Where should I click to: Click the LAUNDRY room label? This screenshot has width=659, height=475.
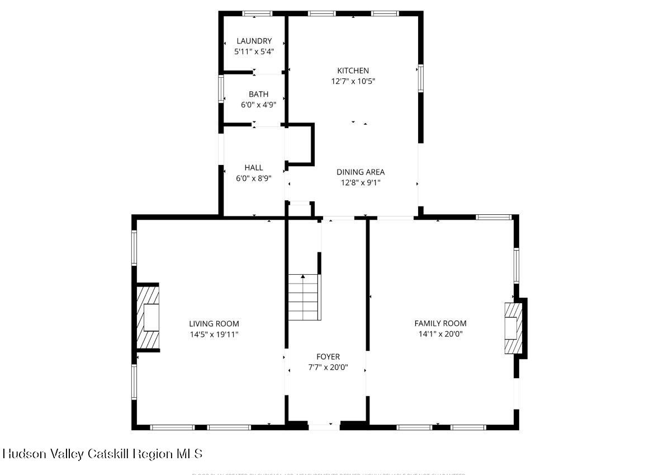click(254, 41)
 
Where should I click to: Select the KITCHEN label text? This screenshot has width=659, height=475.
click(353, 70)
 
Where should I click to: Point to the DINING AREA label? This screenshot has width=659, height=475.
click(360, 172)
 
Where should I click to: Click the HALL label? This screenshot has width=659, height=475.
click(253, 167)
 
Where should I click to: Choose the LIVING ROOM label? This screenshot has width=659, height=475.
click(214, 323)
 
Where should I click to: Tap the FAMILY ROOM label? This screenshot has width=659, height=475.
click(440, 323)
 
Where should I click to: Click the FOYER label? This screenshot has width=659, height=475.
click(328, 356)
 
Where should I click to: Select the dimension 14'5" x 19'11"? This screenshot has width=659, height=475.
click(214, 334)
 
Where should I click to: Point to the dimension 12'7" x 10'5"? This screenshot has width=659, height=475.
click(353, 81)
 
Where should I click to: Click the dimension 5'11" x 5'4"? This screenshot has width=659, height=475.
click(254, 51)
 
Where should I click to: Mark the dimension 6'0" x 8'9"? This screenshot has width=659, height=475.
click(253, 178)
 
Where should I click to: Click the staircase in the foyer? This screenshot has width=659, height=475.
click(304, 297)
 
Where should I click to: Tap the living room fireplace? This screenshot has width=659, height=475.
click(148, 318)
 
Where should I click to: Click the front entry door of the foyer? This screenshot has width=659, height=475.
click(324, 427)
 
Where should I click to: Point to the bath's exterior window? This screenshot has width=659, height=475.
click(221, 88)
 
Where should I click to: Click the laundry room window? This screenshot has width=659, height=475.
click(257, 13)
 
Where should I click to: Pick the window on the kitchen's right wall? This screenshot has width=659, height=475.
click(420, 78)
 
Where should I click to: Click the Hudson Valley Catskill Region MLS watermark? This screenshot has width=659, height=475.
click(102, 453)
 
